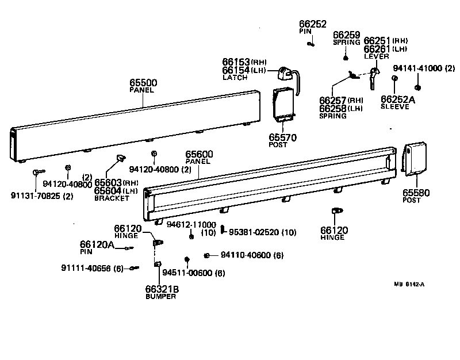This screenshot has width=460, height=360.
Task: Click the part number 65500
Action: [143, 83]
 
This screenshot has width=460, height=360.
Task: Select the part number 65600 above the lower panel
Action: [200, 154]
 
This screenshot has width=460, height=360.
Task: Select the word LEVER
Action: [375, 56]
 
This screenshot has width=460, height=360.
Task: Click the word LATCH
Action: [235, 78]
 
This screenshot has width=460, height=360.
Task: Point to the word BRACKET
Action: [112, 198]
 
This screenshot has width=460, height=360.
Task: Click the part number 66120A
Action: [97, 244]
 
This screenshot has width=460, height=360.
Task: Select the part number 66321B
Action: [162, 289]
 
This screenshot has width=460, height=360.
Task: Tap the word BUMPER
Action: [161, 296]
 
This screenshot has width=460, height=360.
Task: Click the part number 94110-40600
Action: [244, 255]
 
